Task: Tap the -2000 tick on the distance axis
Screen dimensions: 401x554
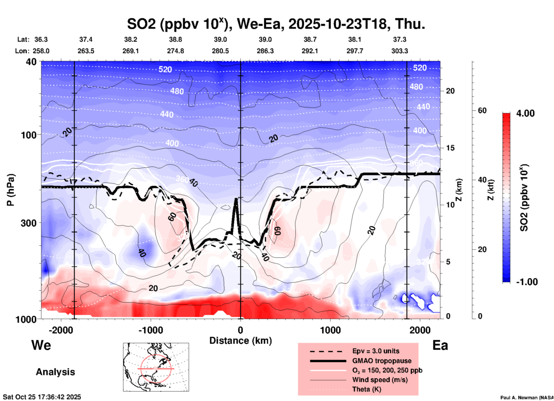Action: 61,330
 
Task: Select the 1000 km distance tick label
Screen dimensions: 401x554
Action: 330,330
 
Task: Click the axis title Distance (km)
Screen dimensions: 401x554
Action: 240,341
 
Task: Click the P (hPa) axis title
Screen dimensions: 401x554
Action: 11,190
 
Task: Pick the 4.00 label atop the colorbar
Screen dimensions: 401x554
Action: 525,113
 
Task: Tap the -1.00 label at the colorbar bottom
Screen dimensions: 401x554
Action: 527,282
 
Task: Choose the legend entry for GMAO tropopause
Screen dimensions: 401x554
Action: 382,361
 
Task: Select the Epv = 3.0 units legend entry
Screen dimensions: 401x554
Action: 376,351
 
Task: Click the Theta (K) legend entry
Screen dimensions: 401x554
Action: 367,389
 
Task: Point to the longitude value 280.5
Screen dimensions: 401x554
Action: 220,51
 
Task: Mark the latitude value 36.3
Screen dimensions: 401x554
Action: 41,39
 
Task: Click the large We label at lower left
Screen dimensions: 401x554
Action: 41,345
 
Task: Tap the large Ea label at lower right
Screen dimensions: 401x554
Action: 440,345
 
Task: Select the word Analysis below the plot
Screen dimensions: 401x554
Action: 55,372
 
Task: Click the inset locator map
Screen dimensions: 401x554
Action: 156,367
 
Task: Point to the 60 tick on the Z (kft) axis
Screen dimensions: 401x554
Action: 482,110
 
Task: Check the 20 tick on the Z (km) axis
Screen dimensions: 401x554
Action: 450,91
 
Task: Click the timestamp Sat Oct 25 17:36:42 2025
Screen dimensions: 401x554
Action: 42,397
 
